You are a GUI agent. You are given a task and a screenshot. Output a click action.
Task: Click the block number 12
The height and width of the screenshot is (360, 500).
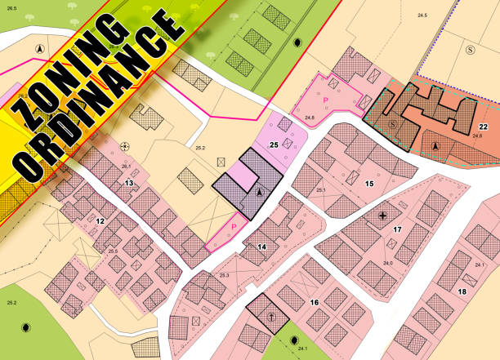100,220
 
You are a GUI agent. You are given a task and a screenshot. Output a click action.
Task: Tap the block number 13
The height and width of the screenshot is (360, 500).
129,183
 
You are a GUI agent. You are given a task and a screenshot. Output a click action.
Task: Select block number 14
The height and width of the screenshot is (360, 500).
262,246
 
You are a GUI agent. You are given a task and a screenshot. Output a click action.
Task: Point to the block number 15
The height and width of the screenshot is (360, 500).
369,184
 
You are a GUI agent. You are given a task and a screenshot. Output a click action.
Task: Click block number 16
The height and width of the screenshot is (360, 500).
314,302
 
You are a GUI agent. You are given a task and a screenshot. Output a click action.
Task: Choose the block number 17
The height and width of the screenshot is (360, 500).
398,230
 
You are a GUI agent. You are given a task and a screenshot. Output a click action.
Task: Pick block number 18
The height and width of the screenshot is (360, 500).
462,291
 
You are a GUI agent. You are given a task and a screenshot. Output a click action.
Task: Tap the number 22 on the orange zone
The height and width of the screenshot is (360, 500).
484,127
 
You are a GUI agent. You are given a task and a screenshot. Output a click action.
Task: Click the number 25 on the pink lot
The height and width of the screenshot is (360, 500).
275,144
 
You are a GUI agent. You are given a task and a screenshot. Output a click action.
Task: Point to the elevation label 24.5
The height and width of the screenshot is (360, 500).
422,16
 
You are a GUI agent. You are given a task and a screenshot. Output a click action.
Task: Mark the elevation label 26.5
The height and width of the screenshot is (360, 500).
11,8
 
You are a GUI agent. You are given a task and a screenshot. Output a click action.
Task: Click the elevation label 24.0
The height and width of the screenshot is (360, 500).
387,263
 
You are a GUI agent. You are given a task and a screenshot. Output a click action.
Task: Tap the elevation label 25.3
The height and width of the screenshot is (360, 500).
224,276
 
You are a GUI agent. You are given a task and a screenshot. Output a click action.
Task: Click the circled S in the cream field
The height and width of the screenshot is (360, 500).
471,51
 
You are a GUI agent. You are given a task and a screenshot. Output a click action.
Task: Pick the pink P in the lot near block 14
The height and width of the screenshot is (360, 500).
235,226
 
